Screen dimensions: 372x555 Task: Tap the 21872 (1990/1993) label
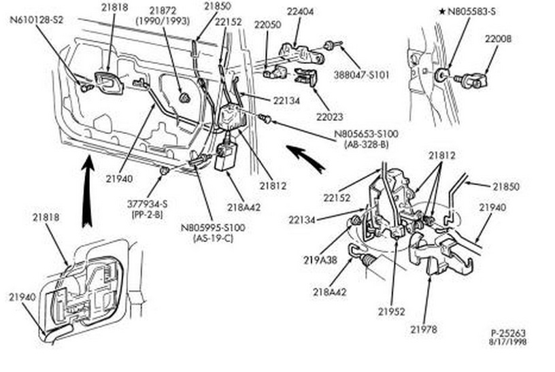[x=159, y=16]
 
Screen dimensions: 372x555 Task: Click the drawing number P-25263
[x=508, y=333]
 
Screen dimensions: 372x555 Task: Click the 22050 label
[x=267, y=24]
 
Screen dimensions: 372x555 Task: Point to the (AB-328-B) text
[x=366, y=145]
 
